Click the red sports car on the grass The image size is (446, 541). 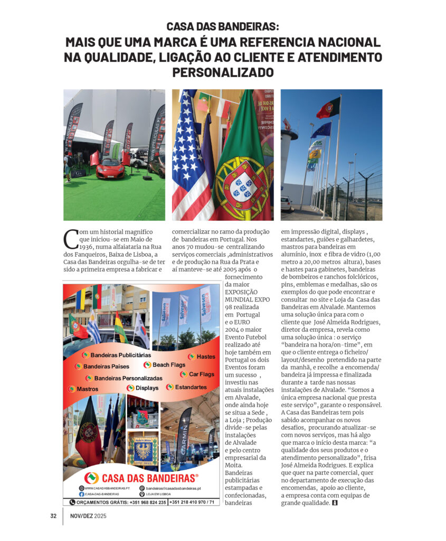click(x=110, y=168)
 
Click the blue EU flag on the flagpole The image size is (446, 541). click(x=321, y=129)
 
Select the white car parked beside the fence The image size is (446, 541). click(x=287, y=203)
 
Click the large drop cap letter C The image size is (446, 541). click(x=70, y=239)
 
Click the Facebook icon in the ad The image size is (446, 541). click(x=82, y=494)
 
